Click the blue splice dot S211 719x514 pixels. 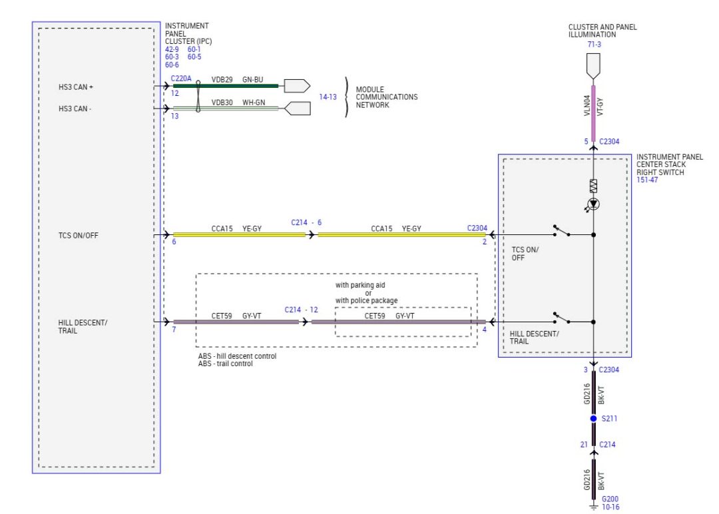(593, 419)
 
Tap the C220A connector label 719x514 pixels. (181, 79)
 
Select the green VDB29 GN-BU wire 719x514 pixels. (226, 86)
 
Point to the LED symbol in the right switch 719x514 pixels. (593, 204)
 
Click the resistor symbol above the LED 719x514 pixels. (593, 186)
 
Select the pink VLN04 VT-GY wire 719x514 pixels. (593, 113)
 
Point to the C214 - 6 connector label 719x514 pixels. (306, 222)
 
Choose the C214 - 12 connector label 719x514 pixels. (302, 310)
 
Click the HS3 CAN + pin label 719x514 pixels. (81, 87)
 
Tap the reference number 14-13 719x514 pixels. (328, 97)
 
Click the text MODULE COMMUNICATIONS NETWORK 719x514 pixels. (386, 97)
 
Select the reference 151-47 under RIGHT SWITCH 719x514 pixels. (647, 180)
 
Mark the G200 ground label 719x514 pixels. (610, 499)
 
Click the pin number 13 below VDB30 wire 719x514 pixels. (175, 116)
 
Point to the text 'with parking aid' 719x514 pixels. (359, 285)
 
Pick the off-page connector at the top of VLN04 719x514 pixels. (593, 65)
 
